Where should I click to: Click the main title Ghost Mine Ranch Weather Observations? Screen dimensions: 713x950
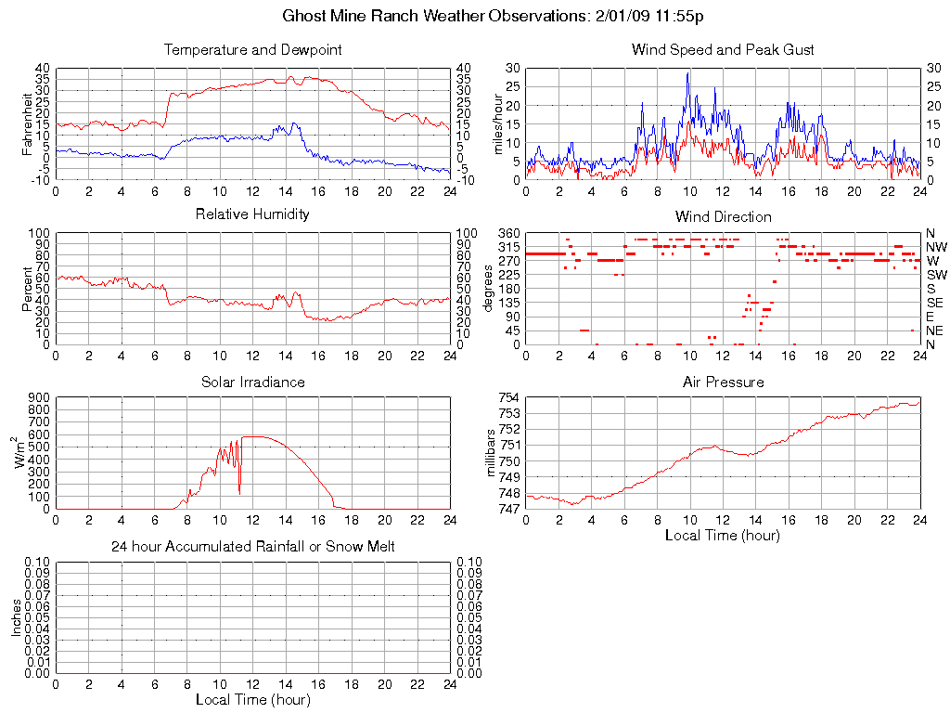475,17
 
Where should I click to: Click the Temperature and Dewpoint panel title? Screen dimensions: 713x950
252,49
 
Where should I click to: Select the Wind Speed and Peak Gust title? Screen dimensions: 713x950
723,49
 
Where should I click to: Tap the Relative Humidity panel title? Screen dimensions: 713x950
252,214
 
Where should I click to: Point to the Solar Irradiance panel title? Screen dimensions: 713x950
252,382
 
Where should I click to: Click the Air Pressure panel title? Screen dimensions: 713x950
723,382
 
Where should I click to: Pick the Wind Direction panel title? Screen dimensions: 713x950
723,216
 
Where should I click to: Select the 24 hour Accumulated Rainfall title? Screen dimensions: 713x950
252,547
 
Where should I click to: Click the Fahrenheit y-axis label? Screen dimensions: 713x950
28,123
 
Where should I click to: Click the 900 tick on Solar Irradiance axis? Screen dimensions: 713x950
38,397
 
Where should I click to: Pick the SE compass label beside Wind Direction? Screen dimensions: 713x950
934,303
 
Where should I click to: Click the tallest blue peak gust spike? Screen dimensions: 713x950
687,73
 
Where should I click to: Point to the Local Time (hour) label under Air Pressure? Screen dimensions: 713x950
723,535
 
